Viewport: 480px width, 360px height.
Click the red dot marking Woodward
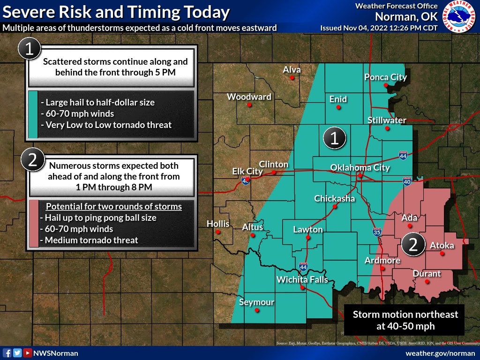[249, 105]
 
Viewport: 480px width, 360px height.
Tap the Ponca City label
[386, 77]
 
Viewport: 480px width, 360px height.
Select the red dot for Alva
[292, 78]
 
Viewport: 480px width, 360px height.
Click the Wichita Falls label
[302, 280]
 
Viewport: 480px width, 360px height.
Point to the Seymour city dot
[256, 310]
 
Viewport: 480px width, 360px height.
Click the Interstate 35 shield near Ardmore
[377, 232]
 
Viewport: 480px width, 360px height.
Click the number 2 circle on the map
[413, 244]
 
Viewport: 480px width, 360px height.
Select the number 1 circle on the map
[335, 138]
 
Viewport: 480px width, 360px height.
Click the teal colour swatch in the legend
[33, 114]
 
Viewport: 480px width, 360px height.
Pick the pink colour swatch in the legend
[33, 223]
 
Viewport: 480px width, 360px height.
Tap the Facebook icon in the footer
[7, 353]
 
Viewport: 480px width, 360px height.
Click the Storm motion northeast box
[405, 320]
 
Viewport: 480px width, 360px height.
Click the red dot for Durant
[427, 282]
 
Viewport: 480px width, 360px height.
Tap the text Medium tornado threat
[91, 240]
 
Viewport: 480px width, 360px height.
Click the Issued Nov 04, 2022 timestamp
[379, 28]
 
